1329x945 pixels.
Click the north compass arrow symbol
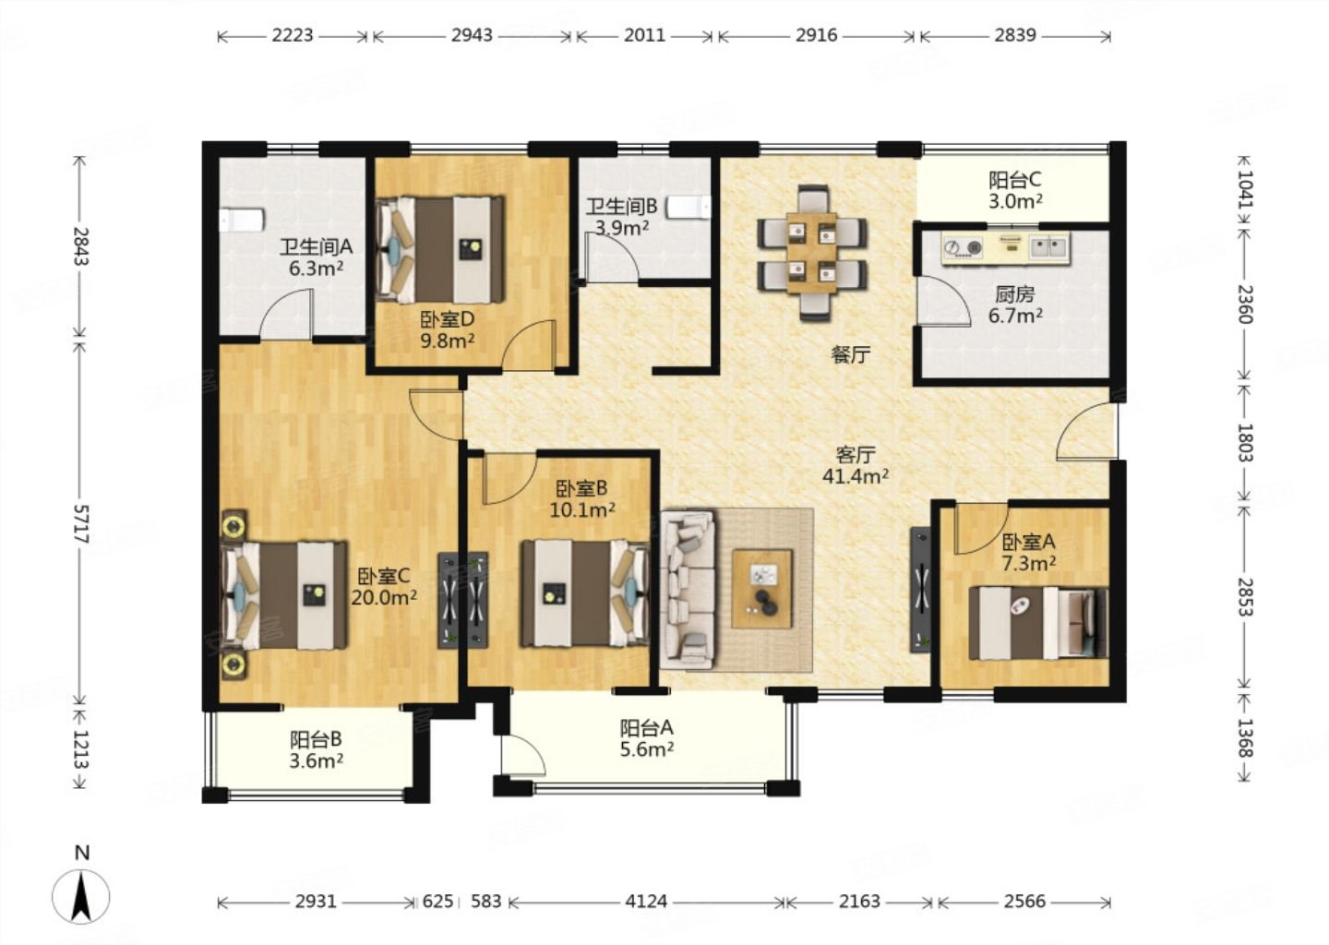pos(81,896)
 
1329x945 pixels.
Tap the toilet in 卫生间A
pos(241,219)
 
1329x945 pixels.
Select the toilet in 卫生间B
pos(688,208)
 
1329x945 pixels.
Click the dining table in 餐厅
pos(811,253)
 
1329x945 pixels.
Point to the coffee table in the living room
pos(762,589)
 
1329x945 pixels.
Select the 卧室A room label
pos(1028,542)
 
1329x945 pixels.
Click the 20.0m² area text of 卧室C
pos(383,597)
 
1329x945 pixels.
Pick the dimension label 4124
pos(646,902)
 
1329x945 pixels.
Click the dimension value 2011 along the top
pos(644,36)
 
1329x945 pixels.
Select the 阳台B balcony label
pos(316,739)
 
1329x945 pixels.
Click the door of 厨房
pos(944,302)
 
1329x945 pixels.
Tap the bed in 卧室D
pos(441,249)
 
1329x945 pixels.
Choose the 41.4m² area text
pos(855,476)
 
